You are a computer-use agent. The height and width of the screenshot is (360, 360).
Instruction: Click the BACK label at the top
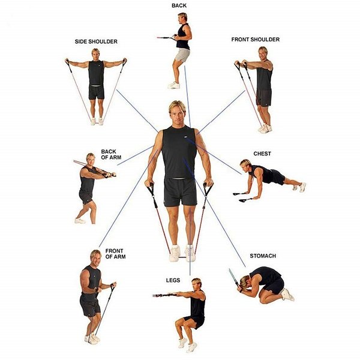(179, 5)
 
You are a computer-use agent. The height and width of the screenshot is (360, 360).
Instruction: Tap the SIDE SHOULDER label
(96, 41)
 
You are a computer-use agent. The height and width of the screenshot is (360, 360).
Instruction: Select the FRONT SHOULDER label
(256, 40)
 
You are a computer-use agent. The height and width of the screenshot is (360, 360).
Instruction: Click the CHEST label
(262, 154)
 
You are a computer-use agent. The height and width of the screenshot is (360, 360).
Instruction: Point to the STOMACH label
(263, 256)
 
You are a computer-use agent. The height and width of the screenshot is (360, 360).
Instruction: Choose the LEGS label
(173, 280)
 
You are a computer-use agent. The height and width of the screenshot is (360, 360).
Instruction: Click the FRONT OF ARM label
(115, 254)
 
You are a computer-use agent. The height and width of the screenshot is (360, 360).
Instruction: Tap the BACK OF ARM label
(111, 155)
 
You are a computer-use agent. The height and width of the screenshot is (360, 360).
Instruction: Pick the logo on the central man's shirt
(186, 137)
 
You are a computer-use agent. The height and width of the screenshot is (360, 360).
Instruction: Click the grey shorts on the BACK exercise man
(182, 55)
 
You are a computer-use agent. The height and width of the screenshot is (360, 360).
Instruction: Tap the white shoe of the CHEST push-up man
(302, 187)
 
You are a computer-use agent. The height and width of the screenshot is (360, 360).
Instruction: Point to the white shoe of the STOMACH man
(287, 295)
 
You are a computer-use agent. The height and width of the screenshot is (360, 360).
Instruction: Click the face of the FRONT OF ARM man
(97, 259)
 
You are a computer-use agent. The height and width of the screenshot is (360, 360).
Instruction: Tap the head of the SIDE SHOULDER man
(96, 54)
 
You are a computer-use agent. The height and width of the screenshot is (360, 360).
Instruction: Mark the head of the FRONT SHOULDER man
(262, 53)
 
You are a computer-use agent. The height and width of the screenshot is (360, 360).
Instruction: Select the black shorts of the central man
(180, 192)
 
